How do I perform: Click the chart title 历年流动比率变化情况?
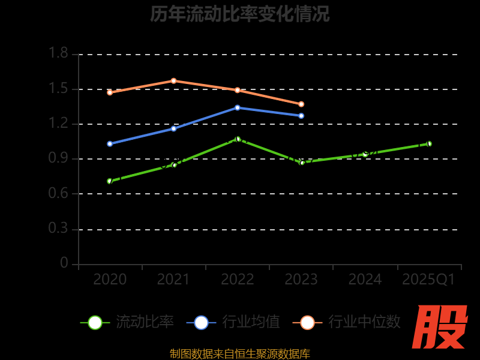pos(240,14)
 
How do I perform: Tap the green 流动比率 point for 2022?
pos(238,139)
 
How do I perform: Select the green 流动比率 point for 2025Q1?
pos(429,143)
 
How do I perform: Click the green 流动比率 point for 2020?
pos(110,181)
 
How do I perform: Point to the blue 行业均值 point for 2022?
pos(238,107)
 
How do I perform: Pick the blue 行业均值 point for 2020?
pos(110,143)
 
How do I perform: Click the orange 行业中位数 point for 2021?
pos(173,80)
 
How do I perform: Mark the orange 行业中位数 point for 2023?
pos(301,104)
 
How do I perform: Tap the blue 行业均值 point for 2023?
pos(301,115)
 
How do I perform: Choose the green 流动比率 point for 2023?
pos(301,162)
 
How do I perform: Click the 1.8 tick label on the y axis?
pos(58,54)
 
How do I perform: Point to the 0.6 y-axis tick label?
pos(58,194)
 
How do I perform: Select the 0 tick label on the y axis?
pos(64,264)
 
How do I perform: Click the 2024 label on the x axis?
pos(365,280)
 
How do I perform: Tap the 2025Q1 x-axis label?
pos(428,280)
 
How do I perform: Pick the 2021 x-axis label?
pos(173,280)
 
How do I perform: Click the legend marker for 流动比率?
pos(95,322)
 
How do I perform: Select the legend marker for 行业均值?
pos(201,322)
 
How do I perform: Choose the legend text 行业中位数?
pos(364,322)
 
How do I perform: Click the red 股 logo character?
pos(440,327)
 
